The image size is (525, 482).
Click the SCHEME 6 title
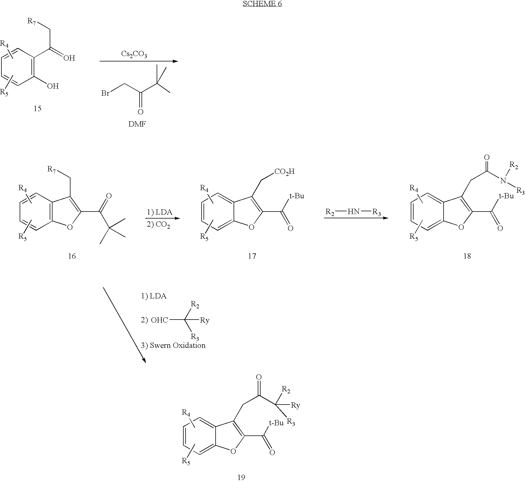point(262,4)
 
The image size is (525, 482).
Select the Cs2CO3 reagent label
point(134,54)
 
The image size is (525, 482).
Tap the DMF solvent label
point(137,124)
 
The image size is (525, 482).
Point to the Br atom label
point(105,93)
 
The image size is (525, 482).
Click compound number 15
point(37,108)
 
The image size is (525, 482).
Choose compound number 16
point(72,256)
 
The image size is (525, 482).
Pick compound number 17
point(252,256)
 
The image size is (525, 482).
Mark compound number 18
point(467,256)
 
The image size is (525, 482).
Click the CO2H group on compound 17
point(284,171)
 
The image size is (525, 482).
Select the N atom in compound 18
point(503,181)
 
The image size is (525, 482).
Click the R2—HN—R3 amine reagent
point(353,212)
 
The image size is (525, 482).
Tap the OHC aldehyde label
point(159,320)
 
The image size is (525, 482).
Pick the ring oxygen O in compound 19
point(233,451)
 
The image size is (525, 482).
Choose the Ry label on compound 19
point(295,405)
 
